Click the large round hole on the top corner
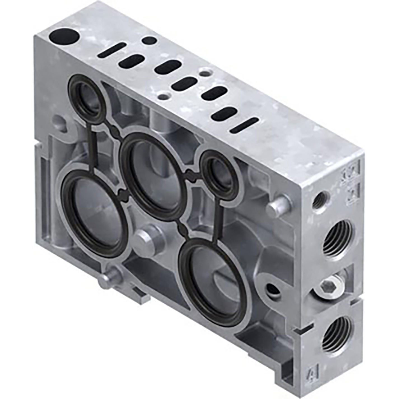[64, 38]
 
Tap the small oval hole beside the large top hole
[148, 41]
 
